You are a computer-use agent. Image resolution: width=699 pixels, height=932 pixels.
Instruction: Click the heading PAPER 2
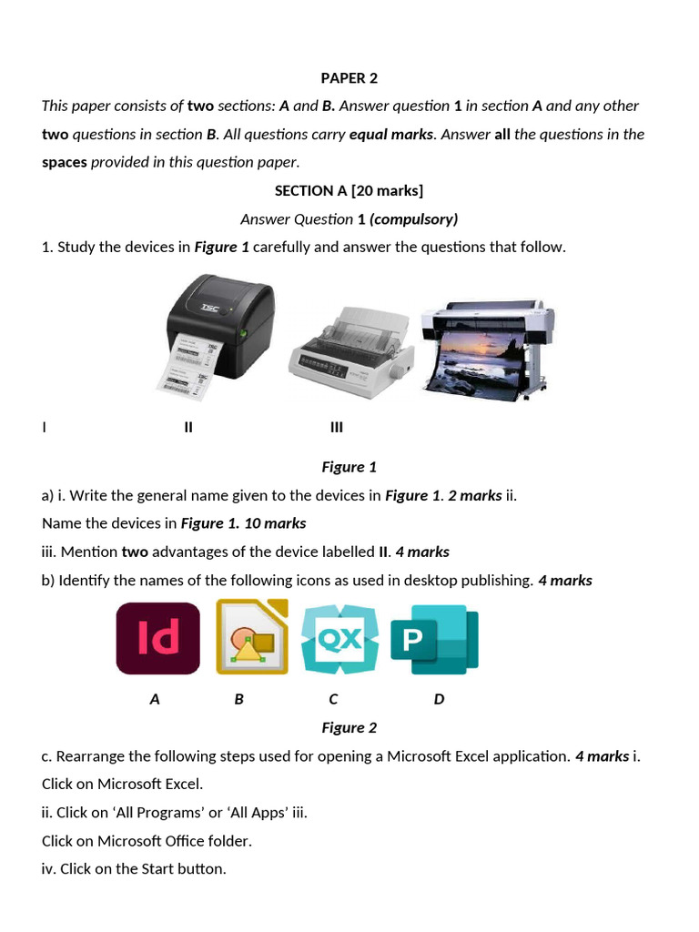tap(349, 78)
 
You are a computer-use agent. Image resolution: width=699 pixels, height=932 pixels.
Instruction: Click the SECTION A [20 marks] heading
tap(349, 191)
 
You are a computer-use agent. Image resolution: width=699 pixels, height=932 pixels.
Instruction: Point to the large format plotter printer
tap(489, 348)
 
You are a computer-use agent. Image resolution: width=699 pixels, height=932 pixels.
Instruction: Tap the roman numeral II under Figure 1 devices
tap(188, 427)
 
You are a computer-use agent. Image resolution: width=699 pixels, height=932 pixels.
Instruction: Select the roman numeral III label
tap(337, 427)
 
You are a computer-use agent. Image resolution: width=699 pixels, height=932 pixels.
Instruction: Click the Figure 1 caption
tap(349, 467)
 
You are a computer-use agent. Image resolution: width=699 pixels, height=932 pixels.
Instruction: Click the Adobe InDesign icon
tap(158, 638)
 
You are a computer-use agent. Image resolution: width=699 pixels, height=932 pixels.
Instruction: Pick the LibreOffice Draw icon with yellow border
tap(252, 636)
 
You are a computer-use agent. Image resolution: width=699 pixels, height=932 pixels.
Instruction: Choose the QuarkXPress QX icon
tap(339, 638)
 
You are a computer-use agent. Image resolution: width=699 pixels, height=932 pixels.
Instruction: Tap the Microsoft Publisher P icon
tap(434, 639)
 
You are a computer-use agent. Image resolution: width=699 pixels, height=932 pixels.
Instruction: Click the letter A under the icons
tap(155, 699)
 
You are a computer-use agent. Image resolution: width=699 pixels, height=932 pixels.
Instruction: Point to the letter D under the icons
tap(440, 699)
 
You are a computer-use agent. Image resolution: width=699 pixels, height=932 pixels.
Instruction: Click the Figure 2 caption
tap(349, 727)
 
